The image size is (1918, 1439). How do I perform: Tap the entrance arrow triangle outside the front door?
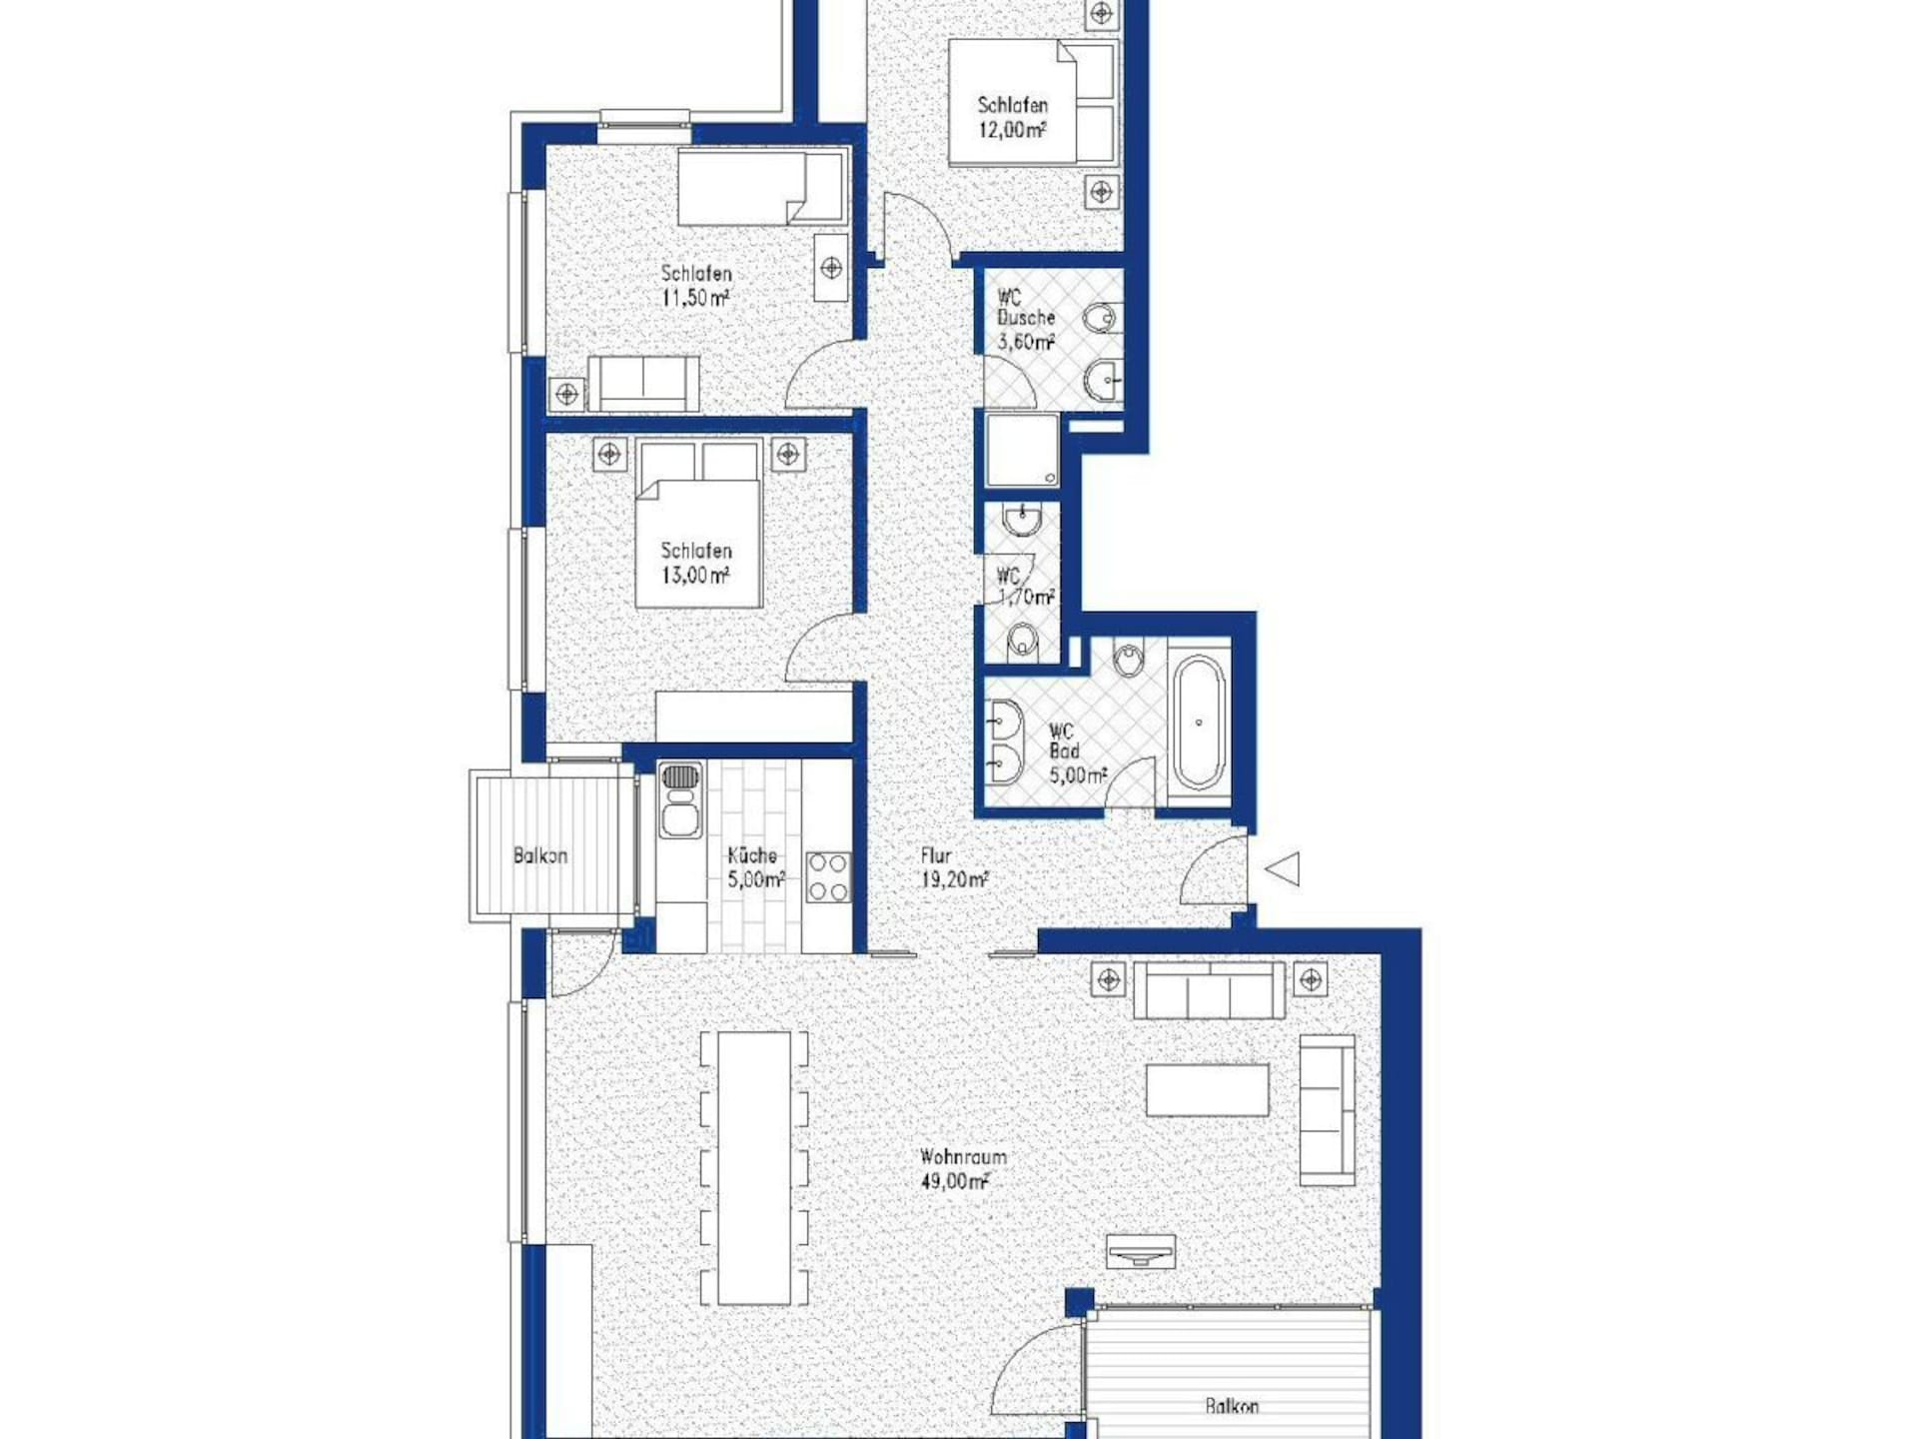pyautogui.click(x=1284, y=868)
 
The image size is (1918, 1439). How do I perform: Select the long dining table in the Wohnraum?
pyautogui.click(x=754, y=1167)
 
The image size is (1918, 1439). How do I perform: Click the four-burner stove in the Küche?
pyautogui.click(x=828, y=876)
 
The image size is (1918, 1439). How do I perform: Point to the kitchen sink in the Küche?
pyautogui.click(x=680, y=799)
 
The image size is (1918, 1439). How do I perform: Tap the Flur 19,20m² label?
pyautogui.click(x=954, y=867)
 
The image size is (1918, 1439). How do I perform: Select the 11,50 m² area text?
pyautogui.click(x=695, y=298)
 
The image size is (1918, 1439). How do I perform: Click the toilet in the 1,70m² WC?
pyautogui.click(x=1022, y=640)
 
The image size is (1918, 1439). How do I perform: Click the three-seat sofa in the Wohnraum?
pyautogui.click(x=1209, y=990)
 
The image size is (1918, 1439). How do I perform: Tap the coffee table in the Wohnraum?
pyautogui.click(x=1207, y=1090)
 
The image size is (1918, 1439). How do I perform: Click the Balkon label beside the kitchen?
pyautogui.click(x=539, y=856)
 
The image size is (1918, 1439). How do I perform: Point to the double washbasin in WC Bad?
pyautogui.click(x=1004, y=740)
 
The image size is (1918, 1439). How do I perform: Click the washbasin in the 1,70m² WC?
pyautogui.click(x=1022, y=520)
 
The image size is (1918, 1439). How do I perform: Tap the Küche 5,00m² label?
pyautogui.click(x=755, y=867)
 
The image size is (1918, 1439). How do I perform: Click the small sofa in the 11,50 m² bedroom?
pyautogui.click(x=643, y=383)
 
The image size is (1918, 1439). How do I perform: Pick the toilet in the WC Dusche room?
pyautogui.click(x=1101, y=319)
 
